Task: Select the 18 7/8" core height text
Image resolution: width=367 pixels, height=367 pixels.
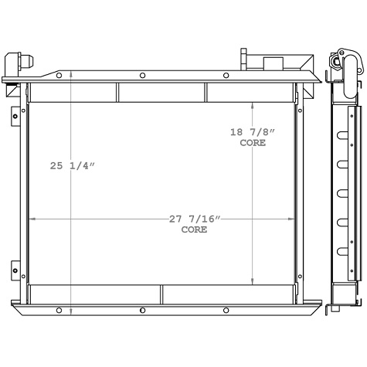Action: [x=253, y=131]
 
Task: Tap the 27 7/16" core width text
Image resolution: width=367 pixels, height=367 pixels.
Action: [x=194, y=219]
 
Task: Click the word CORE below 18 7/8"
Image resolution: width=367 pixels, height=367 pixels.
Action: [x=253, y=143]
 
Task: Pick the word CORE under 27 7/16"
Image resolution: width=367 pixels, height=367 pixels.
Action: [x=193, y=230]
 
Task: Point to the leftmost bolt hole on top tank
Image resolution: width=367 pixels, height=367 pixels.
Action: [x=60, y=75]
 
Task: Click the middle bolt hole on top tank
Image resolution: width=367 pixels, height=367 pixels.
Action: [x=143, y=75]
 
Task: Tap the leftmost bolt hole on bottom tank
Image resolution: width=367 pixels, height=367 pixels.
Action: [x=60, y=310]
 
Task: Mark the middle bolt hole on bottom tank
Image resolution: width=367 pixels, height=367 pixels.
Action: [x=143, y=310]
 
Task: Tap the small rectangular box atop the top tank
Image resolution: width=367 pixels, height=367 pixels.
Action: [x=274, y=64]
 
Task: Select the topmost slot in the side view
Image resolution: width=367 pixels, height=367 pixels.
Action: [x=339, y=134]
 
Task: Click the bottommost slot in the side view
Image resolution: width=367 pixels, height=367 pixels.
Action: [x=339, y=250]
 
